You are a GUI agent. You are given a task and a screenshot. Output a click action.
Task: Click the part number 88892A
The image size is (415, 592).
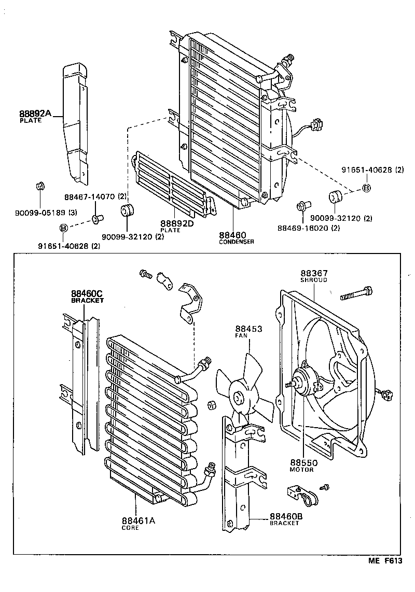(35, 114)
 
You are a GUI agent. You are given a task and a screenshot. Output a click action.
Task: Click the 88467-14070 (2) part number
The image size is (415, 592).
(95, 197)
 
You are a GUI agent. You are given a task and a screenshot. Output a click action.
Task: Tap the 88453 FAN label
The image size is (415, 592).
(248, 329)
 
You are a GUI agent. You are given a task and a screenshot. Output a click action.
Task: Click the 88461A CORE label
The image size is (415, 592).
(138, 521)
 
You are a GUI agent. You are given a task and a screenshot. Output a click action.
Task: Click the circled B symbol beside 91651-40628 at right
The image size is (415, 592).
(366, 188)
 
